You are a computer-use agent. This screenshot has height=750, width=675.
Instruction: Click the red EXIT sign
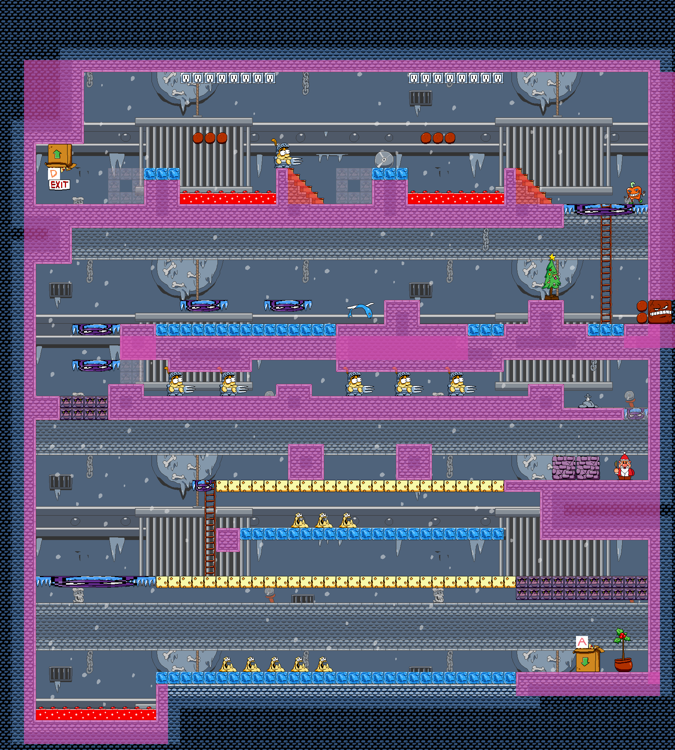(x=59, y=184)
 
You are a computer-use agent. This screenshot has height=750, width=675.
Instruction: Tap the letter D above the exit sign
(x=54, y=173)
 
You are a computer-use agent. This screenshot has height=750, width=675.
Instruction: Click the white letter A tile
(x=582, y=642)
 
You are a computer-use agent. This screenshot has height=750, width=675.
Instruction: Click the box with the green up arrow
(x=59, y=155)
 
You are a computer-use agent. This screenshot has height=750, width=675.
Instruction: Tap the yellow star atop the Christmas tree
(x=552, y=257)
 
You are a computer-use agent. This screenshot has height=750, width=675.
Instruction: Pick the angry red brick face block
(x=660, y=311)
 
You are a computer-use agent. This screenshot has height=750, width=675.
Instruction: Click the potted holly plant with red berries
(x=623, y=651)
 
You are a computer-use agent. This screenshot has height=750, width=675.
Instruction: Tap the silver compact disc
(x=384, y=160)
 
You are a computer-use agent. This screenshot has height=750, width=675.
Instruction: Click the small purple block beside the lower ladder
(x=228, y=540)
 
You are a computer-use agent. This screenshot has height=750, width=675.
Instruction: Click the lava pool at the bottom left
(x=96, y=714)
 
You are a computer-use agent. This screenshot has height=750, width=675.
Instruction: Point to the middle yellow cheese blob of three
(x=323, y=520)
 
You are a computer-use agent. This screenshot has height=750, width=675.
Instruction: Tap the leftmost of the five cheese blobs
(x=228, y=664)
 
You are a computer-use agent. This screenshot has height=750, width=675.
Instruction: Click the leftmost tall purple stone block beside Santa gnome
(x=564, y=468)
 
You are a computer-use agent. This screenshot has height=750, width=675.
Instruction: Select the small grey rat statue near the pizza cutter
(x=588, y=402)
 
